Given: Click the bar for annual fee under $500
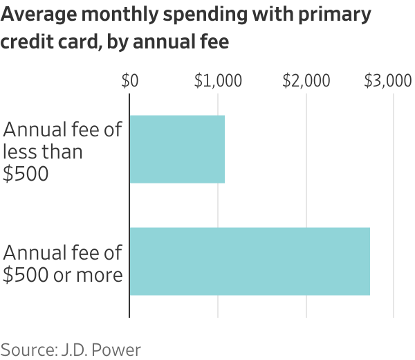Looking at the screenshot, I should click(177, 149).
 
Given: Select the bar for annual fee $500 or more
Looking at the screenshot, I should click(250, 261).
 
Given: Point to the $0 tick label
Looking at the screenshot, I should click(129, 81).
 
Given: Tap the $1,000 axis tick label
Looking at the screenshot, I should click(218, 81).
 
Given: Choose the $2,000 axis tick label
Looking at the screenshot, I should click(306, 81).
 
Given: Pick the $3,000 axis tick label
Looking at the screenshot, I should click(388, 81).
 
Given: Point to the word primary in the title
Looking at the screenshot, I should click(333, 15).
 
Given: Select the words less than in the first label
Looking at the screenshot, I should click(43, 152).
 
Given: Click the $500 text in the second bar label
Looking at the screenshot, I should click(26, 275).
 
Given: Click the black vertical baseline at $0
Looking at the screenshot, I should click(129, 208).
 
